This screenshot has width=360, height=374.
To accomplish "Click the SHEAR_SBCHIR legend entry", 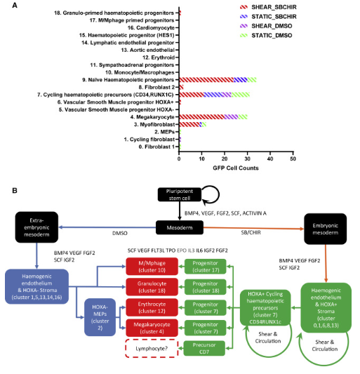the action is (x=268, y=7).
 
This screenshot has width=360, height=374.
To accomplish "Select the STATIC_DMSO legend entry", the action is (x=266, y=36).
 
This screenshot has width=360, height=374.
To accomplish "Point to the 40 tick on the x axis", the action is (x=270, y=159).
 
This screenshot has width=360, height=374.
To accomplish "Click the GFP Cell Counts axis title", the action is (x=236, y=168).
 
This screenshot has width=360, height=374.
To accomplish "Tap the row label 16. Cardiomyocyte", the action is (x=151, y=27).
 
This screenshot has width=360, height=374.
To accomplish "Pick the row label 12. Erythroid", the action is (x=159, y=58).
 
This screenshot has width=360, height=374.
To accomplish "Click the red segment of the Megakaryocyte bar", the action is (x=202, y=117).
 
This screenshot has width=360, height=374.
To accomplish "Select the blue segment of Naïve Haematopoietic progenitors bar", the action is (x=241, y=80).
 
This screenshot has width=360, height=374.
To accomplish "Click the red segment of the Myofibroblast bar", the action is (x=189, y=124).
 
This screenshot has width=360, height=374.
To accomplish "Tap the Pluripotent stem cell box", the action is (x=180, y=194).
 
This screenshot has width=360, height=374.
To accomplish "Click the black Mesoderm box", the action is (x=180, y=227).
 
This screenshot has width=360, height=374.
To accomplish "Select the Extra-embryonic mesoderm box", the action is (x=36, y=227).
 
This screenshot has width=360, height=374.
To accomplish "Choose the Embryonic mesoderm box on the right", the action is (x=326, y=229).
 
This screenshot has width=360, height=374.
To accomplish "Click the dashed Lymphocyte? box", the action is (x=152, y=349).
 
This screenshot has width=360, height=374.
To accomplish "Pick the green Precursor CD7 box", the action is (x=204, y=348).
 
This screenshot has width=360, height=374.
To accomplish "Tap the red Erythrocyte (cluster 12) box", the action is (x=152, y=307).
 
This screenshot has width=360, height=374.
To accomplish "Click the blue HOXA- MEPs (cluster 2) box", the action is (x=100, y=317).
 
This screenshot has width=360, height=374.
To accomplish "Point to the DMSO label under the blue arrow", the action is (x=120, y=233).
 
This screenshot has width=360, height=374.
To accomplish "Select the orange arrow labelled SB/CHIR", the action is (x=253, y=228).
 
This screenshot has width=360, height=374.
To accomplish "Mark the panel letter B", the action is (x=15, y=191).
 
